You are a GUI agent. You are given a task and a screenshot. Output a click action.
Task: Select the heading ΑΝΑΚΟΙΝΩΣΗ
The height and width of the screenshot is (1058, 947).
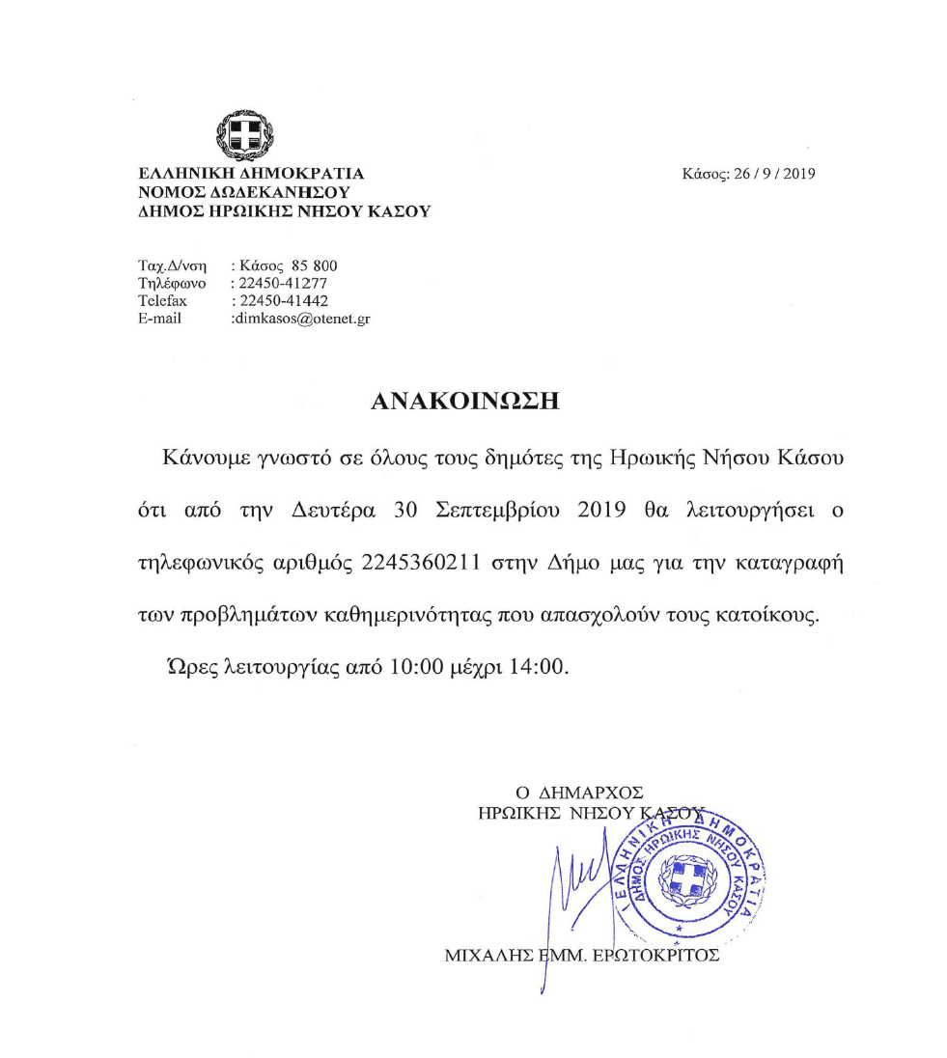click(x=465, y=403)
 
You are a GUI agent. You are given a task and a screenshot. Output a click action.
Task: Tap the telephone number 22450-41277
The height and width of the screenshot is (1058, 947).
click(x=283, y=283)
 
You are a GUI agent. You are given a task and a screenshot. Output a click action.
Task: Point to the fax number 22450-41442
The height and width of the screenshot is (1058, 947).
click(x=283, y=300)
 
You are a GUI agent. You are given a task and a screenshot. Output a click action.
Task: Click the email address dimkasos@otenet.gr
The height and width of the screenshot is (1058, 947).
click(x=302, y=318)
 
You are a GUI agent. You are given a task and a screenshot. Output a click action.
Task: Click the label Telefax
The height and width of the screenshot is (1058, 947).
click(x=163, y=300)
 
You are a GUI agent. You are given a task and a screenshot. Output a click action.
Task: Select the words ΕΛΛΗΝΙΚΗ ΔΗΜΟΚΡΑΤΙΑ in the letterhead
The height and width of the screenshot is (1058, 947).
click(x=251, y=174)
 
